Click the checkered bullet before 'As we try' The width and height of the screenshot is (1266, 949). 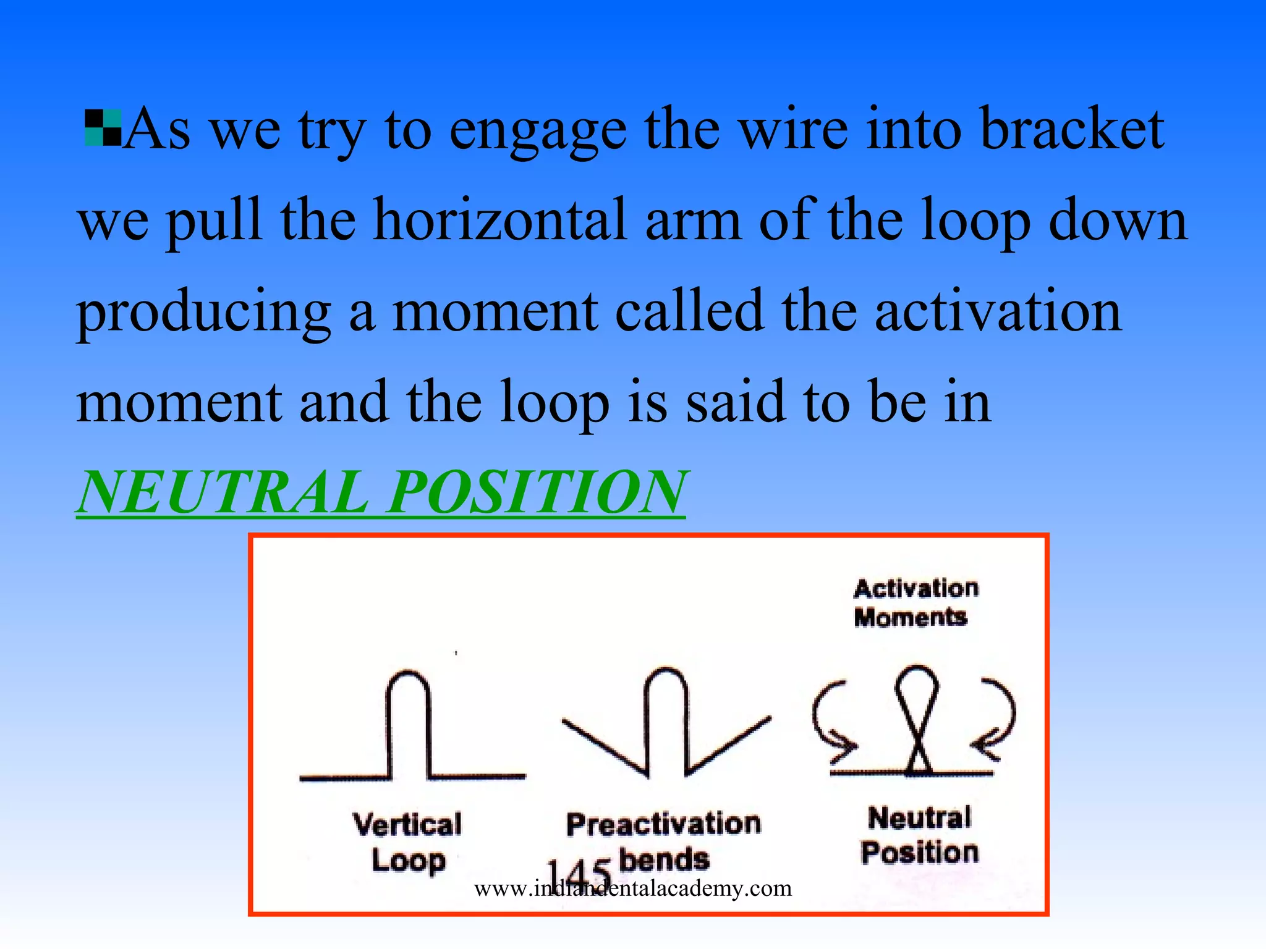103,128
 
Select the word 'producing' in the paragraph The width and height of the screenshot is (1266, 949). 203,313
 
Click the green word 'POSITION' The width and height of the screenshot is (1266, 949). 537,492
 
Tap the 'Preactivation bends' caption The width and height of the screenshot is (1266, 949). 663,841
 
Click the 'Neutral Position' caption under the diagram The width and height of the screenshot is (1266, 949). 920,835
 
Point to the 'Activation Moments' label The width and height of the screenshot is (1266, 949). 916,602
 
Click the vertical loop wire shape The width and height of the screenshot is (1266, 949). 409,729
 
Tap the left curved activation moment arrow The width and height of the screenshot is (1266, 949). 828,720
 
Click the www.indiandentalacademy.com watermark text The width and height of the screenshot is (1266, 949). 632,888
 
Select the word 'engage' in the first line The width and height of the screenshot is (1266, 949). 537,130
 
